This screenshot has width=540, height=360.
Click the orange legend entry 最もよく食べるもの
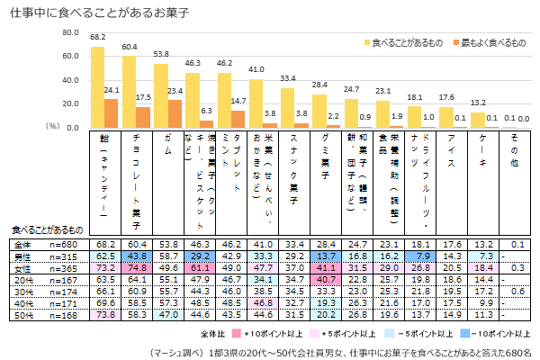(487, 42)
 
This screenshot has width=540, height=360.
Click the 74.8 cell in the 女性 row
(137, 268)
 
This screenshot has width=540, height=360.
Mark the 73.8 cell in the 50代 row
(104, 316)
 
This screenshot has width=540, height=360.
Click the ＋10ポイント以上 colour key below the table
(270, 333)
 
